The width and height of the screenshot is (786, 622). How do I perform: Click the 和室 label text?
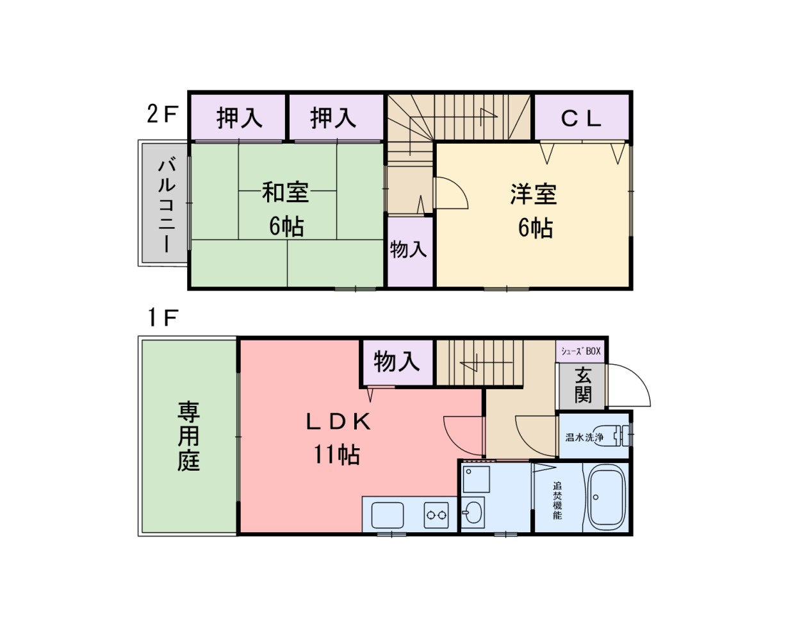click(x=285, y=192)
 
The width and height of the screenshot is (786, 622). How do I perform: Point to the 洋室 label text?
click(x=533, y=194)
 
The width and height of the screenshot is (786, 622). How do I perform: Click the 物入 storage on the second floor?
click(x=409, y=249)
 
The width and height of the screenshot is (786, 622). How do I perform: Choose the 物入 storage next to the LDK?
click(x=397, y=362)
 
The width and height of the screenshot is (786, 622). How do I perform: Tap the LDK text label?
click(x=338, y=421)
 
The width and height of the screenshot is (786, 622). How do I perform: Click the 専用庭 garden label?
click(x=188, y=436)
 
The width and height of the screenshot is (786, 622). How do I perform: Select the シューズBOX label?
click(x=581, y=351)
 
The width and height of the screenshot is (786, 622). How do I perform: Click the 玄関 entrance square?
click(x=582, y=385)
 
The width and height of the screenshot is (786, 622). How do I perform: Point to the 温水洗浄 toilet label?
click(x=584, y=438)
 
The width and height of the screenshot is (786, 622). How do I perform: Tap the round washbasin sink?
click(x=474, y=511)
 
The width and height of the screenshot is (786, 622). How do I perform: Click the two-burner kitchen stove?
click(x=436, y=514)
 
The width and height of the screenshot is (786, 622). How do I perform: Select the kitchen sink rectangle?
click(x=388, y=514)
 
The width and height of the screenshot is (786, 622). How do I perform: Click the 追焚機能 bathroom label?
click(x=557, y=500)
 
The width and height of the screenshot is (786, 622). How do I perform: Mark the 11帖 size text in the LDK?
click(x=336, y=455)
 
